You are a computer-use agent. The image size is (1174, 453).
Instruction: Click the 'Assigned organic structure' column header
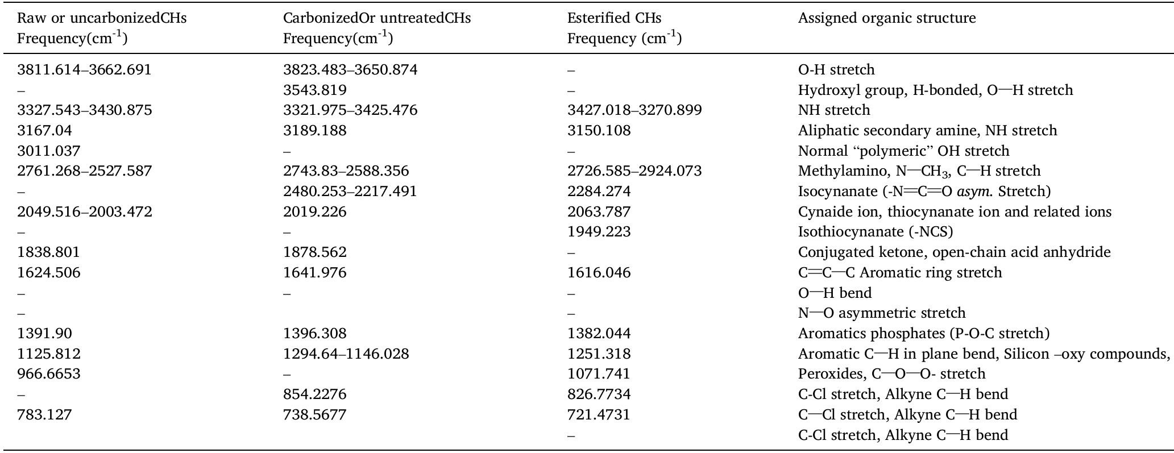coord(886,18)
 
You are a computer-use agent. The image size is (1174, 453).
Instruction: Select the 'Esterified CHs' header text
coord(614,18)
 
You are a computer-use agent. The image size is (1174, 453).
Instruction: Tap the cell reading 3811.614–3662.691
coord(84,70)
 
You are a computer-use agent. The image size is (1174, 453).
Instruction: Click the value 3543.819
coord(314,90)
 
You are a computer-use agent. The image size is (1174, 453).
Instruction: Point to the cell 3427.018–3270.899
coord(634,110)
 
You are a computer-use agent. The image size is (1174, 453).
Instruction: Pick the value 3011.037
coord(48,151)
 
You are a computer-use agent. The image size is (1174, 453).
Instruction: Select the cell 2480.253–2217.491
coord(350,192)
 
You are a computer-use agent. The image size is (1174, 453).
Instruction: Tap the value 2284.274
coord(599,192)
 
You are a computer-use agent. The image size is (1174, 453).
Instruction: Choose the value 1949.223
coord(599,232)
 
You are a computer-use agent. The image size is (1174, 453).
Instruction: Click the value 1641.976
coord(314,273)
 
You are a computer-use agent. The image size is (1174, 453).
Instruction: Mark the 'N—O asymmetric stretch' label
coord(881,313)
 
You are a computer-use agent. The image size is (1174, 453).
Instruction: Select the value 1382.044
coord(599,334)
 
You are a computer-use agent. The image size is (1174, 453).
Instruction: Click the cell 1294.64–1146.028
coord(346,354)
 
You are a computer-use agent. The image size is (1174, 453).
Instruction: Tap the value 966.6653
coord(48,374)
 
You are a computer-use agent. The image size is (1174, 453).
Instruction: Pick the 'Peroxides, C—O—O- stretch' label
coord(891,374)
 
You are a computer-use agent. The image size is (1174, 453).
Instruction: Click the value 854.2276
coord(314,394)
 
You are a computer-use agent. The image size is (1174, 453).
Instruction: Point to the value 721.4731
coord(599,415)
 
